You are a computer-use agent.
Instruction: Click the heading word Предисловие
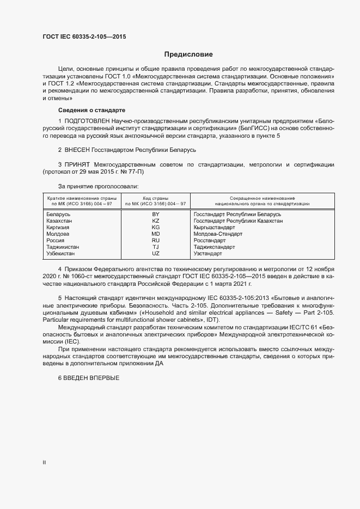(188, 54)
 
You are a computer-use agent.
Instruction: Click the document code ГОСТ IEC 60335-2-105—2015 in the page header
(84, 38)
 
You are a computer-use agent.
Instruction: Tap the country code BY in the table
(155, 214)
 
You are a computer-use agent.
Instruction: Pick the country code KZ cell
(155, 221)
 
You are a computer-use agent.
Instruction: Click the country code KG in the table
(155, 228)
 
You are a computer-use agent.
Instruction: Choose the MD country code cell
(155, 234)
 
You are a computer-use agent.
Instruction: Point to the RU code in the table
(155, 241)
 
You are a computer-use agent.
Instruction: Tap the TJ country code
(155, 247)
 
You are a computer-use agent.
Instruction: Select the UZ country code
(155, 254)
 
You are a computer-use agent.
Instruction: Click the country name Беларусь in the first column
(59, 214)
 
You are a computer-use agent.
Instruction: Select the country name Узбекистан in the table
(61, 254)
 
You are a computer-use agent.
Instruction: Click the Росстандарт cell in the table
(210, 241)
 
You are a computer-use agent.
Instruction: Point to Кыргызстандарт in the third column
(215, 228)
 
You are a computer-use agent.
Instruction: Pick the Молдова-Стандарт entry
(218, 234)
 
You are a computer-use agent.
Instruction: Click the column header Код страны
(155, 198)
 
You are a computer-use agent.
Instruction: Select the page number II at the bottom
(44, 463)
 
